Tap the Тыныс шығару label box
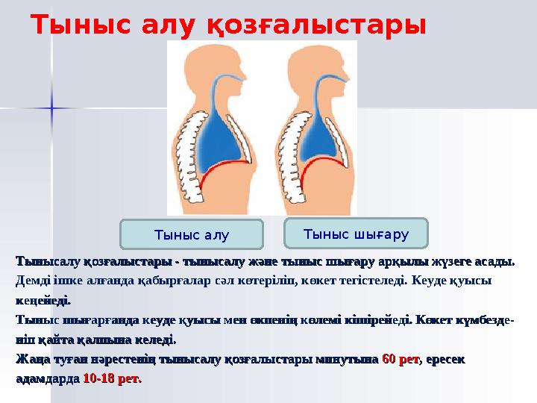pyautogui.click(x=357, y=234)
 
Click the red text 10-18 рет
pyautogui.click(x=111, y=379)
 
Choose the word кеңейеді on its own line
pyautogui.click(x=43, y=302)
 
